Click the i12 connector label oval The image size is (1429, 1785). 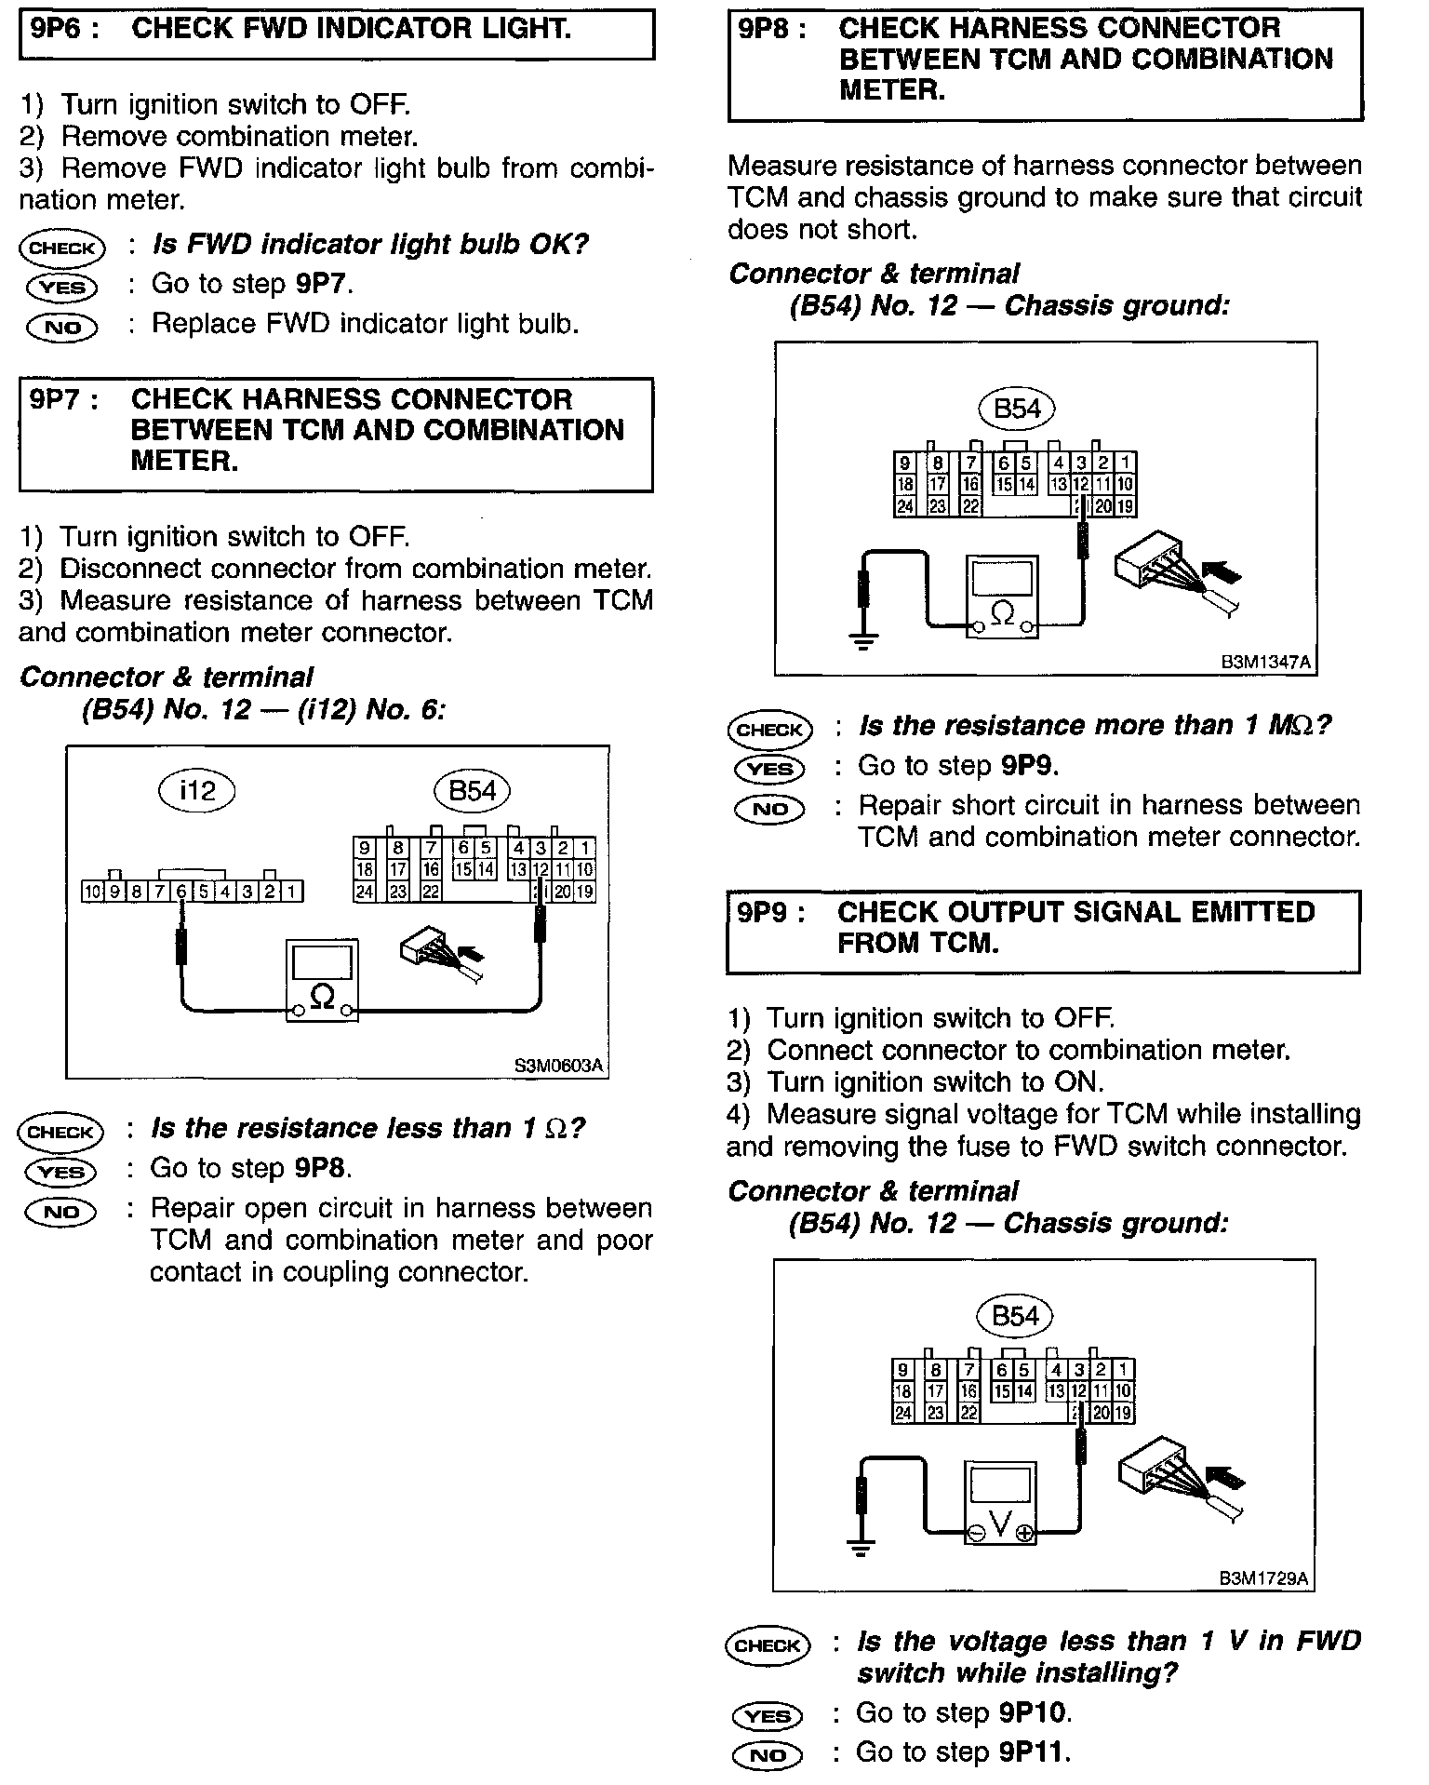point(196,791)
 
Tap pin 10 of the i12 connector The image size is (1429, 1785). point(92,892)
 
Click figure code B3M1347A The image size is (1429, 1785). point(1265,663)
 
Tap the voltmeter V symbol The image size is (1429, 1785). point(999,1523)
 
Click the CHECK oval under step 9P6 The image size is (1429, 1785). point(62,248)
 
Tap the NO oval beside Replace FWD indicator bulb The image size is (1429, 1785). point(62,327)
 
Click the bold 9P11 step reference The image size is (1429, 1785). point(1033,1752)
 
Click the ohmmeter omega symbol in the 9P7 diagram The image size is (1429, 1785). point(322,997)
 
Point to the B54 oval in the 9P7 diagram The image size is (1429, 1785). point(473,791)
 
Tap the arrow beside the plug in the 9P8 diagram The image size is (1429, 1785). point(1222,571)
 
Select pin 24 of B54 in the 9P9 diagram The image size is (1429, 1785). point(902,1413)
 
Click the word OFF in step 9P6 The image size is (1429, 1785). point(378,104)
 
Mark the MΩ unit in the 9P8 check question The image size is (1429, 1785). point(1290,725)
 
